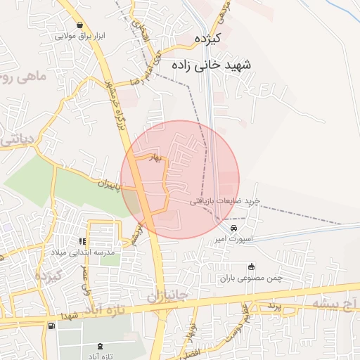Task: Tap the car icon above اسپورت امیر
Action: [x=233, y=228]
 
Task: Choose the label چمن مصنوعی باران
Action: [x=251, y=278]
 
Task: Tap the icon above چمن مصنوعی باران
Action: [x=251, y=266]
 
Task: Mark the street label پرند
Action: [x=274, y=307]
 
